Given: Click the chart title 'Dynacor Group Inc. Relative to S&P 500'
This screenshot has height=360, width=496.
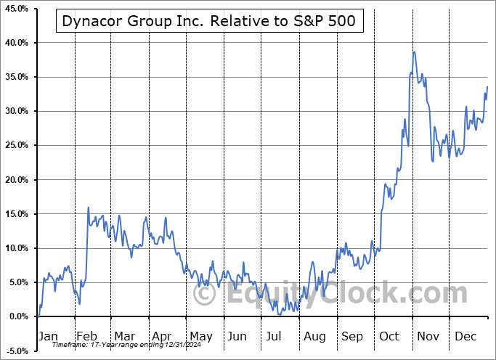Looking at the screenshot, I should coord(208,21).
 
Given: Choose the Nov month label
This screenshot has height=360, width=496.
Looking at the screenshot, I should coord(427,336).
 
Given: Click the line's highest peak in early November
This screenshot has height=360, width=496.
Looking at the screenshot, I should coord(414,52).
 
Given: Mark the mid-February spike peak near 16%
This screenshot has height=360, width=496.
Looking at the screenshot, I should coord(89,208).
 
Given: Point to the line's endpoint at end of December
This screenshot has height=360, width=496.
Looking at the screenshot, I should coord(487,86).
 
